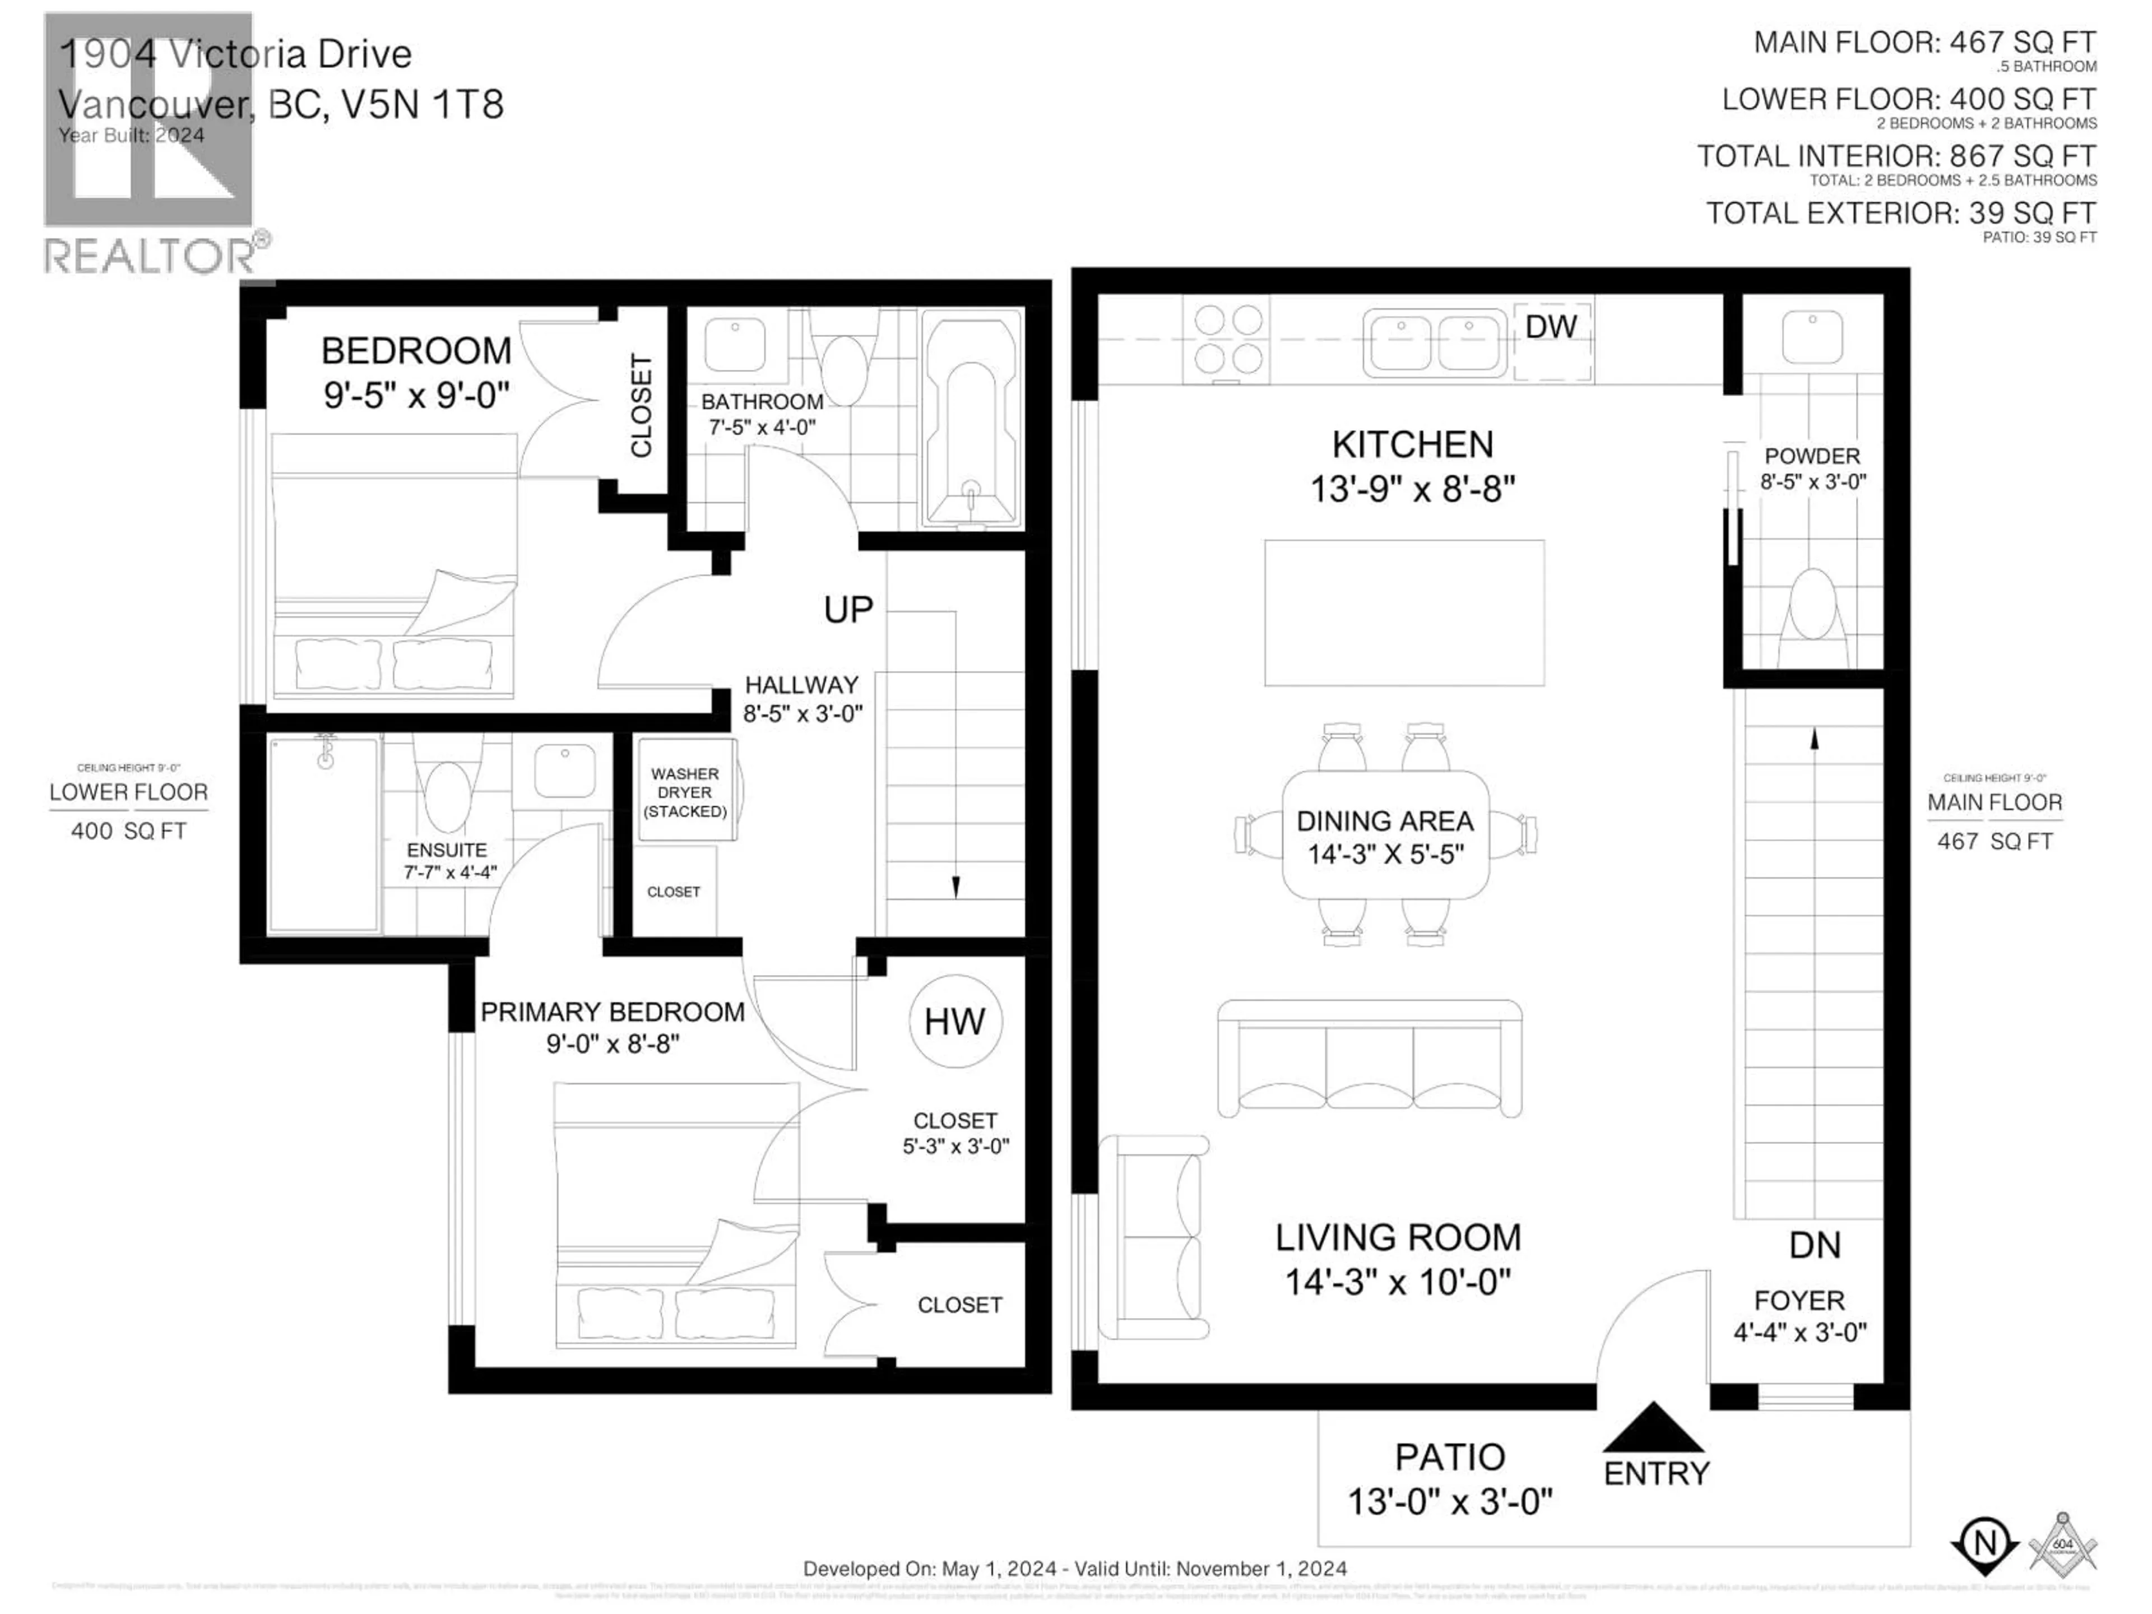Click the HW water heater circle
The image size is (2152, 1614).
point(954,1022)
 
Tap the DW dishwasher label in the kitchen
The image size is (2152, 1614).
point(1551,327)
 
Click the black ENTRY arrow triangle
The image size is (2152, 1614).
point(1652,1427)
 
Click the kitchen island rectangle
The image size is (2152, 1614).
point(1404,613)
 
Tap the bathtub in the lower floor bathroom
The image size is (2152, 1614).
point(971,420)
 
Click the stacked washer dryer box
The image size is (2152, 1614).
point(686,790)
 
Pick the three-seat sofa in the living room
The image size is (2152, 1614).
point(1369,1059)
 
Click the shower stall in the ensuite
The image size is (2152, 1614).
point(323,834)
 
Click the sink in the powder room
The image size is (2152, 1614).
point(1811,337)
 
